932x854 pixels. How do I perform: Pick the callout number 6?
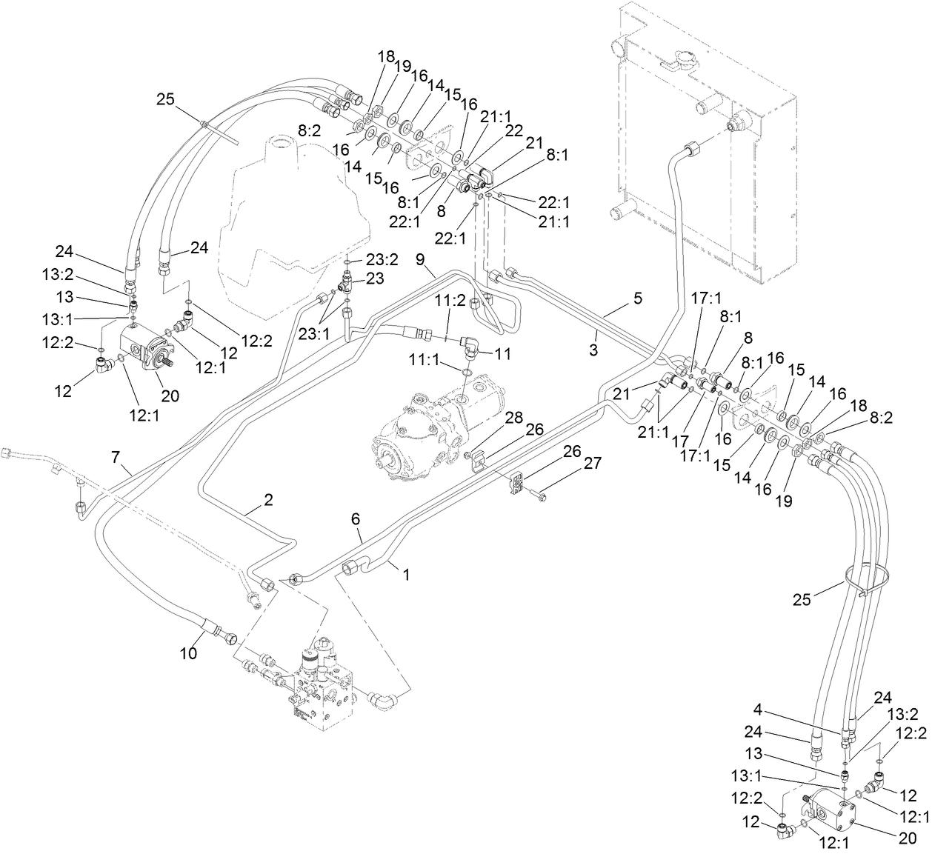point(356,518)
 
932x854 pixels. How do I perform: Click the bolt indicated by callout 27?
point(542,496)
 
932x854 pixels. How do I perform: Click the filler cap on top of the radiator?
point(681,61)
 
